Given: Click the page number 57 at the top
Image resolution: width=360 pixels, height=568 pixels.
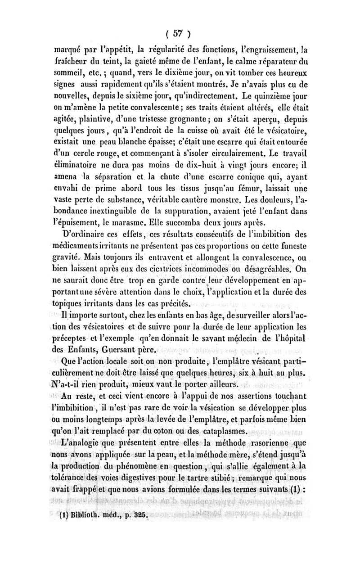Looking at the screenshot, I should [x=180, y=33].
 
